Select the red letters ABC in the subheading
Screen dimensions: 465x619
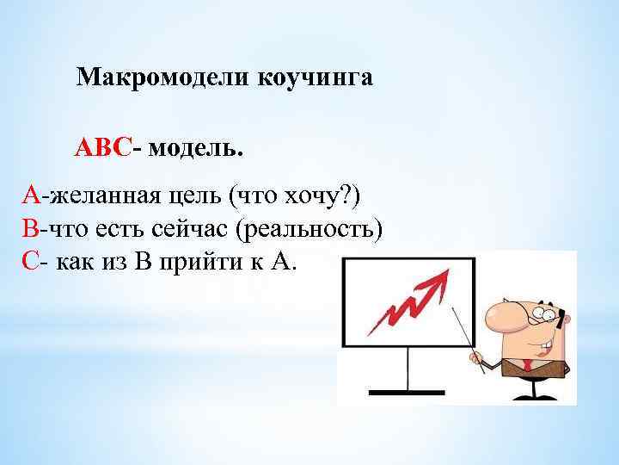point(102,148)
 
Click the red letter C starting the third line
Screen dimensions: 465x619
point(30,262)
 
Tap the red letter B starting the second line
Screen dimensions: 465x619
point(31,229)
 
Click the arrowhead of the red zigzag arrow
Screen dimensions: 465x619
point(441,278)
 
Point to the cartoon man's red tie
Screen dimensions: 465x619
point(528,368)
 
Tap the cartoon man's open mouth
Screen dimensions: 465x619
point(542,346)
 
